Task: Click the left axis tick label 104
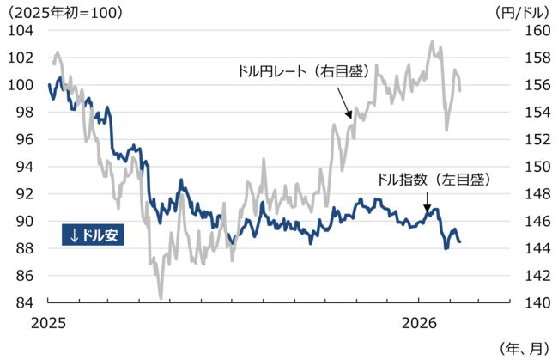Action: pos(19,30)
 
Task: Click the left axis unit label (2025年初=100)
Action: pos(64,11)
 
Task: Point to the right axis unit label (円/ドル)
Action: pos(522,11)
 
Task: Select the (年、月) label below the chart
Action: pos(522,348)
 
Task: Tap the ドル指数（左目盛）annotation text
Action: pos(434,180)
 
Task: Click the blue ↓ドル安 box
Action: pos(94,235)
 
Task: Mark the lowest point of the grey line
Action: pos(161,298)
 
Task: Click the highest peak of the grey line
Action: pos(432,41)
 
